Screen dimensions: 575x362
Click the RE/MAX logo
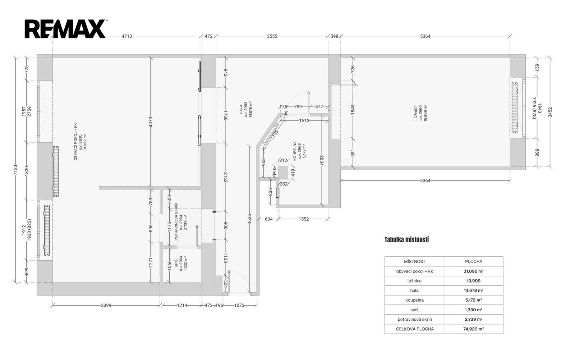pyautogui.click(x=65, y=29)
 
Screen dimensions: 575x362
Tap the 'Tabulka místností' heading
pyautogui.click(x=406, y=240)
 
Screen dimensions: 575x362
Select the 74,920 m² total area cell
pyautogui.click(x=473, y=329)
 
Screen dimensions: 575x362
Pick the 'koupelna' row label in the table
pyautogui.click(x=414, y=300)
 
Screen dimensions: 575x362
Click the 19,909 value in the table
pyautogui.click(x=473, y=281)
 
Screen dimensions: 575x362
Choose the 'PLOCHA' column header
pyautogui.click(x=473, y=262)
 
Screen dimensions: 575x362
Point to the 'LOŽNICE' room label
pyautogui.click(x=416, y=113)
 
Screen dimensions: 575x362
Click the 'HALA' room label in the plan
pyautogui.click(x=241, y=109)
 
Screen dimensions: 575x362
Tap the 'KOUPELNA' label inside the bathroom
pyautogui.click(x=295, y=151)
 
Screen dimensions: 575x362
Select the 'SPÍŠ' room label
pyautogui.click(x=176, y=263)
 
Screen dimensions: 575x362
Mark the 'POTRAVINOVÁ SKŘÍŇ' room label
pyautogui.click(x=176, y=222)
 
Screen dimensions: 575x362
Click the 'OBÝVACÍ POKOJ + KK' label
pyautogui.click(x=75, y=142)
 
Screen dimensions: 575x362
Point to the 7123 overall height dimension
pyautogui.click(x=15, y=170)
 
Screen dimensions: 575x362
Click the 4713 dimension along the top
pyautogui.click(x=127, y=36)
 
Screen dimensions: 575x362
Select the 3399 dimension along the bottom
pyautogui.click(x=106, y=305)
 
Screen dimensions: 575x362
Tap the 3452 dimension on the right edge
pyautogui.click(x=549, y=112)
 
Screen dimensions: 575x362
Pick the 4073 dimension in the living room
pyautogui.click(x=151, y=122)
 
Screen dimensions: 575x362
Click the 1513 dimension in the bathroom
pyautogui.click(x=304, y=120)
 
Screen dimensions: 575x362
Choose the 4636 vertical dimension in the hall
pyautogui.click(x=249, y=219)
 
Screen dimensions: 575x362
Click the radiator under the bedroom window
pyautogui.click(x=515, y=108)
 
